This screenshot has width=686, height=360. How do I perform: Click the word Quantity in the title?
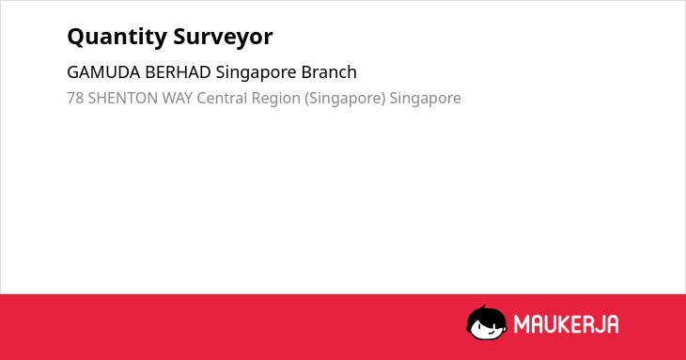pos(117,38)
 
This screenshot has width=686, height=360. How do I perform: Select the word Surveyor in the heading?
pos(223,38)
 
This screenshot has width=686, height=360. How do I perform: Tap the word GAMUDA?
pos(103,72)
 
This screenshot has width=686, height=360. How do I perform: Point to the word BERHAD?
pos(178,72)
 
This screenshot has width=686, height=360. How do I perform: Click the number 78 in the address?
pos(75,98)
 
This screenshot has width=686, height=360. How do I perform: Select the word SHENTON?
pos(123,98)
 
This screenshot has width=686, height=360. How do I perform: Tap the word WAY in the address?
pos(178,98)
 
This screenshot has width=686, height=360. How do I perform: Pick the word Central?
pos(222,98)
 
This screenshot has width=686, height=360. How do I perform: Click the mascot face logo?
pos(487,323)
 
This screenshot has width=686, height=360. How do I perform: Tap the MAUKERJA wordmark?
pos(566,324)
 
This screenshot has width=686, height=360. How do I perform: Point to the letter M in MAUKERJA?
pos(521,324)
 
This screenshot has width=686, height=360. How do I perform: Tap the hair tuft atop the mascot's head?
pos(483,307)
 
